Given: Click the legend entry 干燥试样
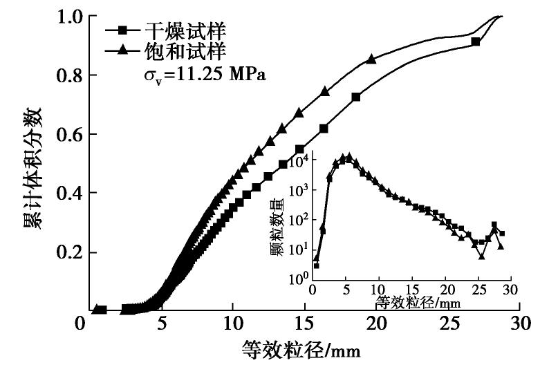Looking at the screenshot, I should pos(176,31).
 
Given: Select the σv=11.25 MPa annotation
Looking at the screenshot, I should pos(201,73).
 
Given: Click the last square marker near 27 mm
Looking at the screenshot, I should pos(476,41).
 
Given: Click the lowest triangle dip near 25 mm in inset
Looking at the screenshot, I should pos(481,256).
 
